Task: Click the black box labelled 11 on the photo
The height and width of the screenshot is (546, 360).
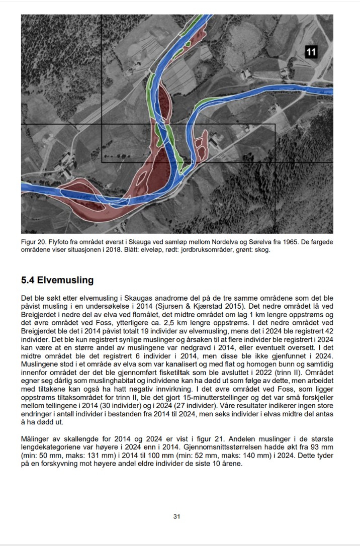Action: coord(311,52)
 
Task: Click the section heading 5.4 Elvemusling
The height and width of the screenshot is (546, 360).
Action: coord(57,280)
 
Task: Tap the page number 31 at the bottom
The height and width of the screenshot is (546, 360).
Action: coord(176,516)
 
